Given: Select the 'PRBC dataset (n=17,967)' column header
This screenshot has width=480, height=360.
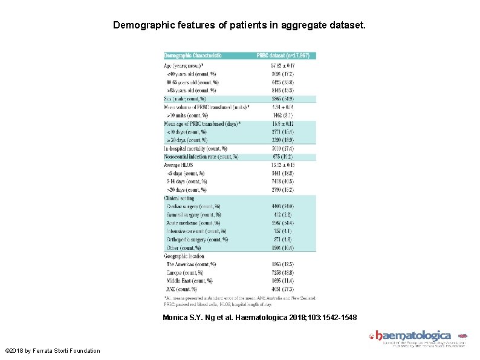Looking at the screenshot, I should click(283, 56).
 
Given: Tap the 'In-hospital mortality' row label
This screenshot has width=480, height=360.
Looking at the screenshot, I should click(195, 148).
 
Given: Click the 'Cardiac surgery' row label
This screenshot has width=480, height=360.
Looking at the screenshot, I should click(193, 206).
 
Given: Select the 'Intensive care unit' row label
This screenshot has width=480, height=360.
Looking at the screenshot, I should click(196, 231).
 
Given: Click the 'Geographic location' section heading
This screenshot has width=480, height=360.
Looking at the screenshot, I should click(188, 256).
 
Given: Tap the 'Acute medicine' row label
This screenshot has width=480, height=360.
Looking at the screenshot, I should click(193, 223).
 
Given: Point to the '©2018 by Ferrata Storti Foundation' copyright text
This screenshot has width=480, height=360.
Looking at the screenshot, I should click(53, 351).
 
